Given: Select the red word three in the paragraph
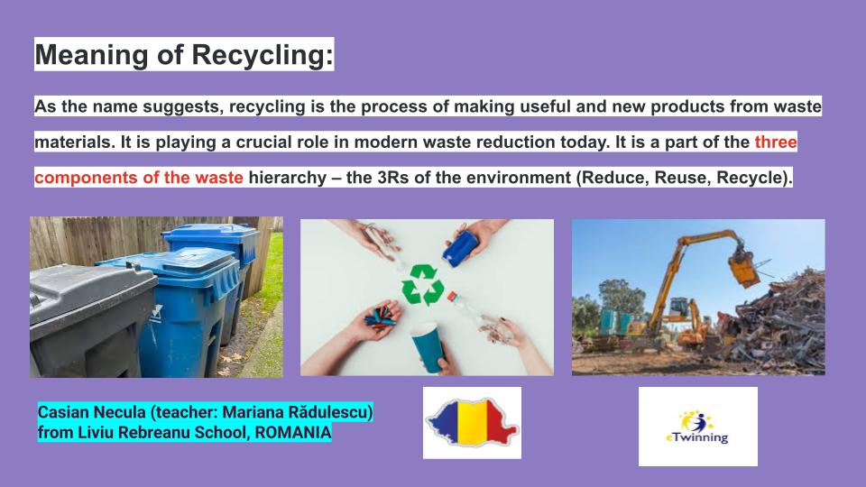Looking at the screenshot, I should coord(776,142).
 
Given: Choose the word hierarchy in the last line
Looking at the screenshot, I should coord(290,177).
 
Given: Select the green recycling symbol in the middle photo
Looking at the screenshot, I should coord(422,284).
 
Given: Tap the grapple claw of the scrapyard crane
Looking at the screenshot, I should coord(742,267).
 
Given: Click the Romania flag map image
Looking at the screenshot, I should coord(472,423).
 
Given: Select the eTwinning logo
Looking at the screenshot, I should coord(697,427).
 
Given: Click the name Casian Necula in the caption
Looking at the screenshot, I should coord(91,413).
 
